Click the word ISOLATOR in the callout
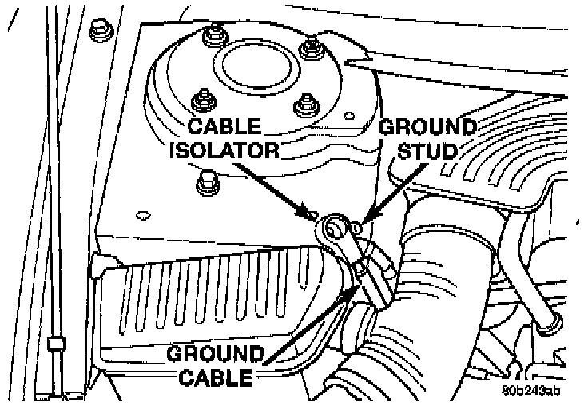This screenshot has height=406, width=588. pos(223,151)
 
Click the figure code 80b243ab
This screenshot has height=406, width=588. pos(532,391)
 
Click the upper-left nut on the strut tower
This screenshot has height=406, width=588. pos(212,35)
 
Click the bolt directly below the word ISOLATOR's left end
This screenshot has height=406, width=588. pos(203,186)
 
